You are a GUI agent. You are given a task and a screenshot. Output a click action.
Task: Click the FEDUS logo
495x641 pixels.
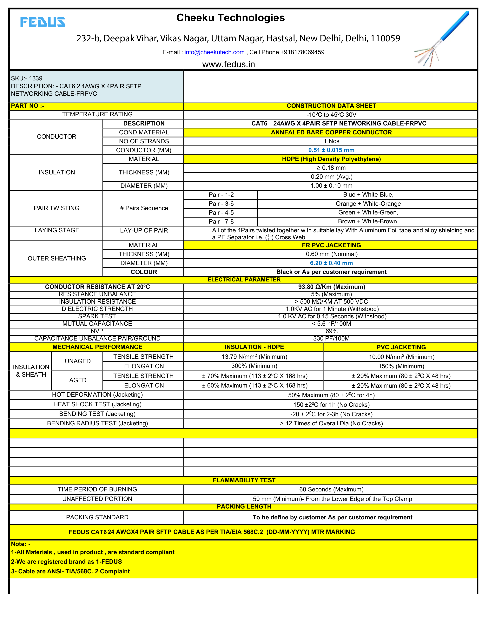click(43, 22)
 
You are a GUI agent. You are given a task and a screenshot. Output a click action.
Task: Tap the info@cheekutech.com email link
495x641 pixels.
click(214, 52)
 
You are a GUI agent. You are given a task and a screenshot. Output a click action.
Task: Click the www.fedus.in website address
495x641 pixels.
click(228, 64)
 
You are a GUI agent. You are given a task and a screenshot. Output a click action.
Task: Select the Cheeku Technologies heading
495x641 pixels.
click(230, 18)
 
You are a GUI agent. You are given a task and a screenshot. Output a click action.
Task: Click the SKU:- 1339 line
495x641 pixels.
click(27, 78)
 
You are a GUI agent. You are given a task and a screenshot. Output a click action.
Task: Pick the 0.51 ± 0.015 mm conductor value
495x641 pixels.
click(331, 150)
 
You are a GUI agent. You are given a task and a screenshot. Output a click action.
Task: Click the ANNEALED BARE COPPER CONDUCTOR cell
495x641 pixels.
click(331, 132)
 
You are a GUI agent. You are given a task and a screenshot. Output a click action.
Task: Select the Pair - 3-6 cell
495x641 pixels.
click(221, 204)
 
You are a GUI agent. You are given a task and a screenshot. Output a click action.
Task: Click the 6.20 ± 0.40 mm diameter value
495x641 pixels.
click(331, 263)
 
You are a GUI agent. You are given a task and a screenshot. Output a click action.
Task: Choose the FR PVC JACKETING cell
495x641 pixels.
click(331, 245)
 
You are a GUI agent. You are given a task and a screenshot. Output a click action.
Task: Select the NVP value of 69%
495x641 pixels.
click(331, 331)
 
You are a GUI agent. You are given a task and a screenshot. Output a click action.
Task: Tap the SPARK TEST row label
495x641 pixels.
click(97, 316)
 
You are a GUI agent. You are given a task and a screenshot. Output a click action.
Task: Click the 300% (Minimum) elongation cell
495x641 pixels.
click(254, 366)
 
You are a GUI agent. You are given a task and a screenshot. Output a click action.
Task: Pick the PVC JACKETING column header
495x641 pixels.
click(401, 347)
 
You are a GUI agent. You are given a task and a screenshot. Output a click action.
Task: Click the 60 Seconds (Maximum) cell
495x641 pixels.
click(331, 489)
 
